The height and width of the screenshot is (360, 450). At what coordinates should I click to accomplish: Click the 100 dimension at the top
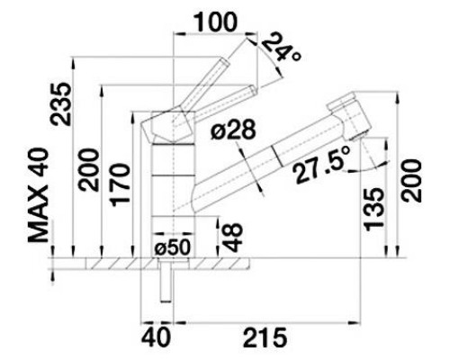[216, 22]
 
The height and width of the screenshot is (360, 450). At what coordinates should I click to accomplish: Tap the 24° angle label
[281, 48]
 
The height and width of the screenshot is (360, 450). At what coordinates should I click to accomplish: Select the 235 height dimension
[61, 103]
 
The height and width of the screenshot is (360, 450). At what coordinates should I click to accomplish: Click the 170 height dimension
[121, 184]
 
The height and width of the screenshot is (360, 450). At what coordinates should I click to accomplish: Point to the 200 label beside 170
[88, 170]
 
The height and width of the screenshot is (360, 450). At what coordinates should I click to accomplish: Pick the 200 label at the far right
[411, 181]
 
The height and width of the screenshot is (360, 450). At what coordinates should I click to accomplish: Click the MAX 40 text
[38, 195]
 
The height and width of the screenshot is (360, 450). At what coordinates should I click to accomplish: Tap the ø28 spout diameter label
[233, 130]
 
